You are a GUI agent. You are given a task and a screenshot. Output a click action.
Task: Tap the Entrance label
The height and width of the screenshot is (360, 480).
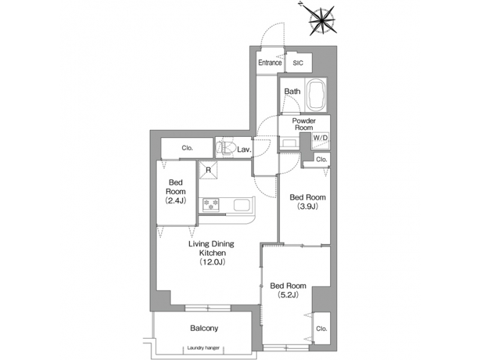270,63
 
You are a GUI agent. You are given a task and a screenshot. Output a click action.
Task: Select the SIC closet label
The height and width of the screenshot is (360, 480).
297,63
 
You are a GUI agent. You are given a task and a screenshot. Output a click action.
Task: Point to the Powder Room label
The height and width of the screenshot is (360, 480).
304,125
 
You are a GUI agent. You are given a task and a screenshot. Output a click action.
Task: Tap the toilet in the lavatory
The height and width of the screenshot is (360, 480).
224,147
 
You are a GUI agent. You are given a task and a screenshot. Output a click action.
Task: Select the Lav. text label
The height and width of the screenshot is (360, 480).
244,150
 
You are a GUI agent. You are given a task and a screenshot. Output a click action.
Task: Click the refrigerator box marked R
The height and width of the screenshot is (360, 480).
209,170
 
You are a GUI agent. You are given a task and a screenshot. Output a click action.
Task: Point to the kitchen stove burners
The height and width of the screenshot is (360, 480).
212,204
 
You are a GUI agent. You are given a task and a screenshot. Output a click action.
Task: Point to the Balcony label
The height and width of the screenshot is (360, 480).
204,329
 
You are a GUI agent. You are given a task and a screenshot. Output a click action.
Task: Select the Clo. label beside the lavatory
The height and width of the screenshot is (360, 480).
187,148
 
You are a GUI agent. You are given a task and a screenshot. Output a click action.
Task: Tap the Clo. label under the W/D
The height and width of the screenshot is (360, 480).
321,159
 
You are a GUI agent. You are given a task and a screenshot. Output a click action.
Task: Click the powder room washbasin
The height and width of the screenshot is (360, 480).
289,143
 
